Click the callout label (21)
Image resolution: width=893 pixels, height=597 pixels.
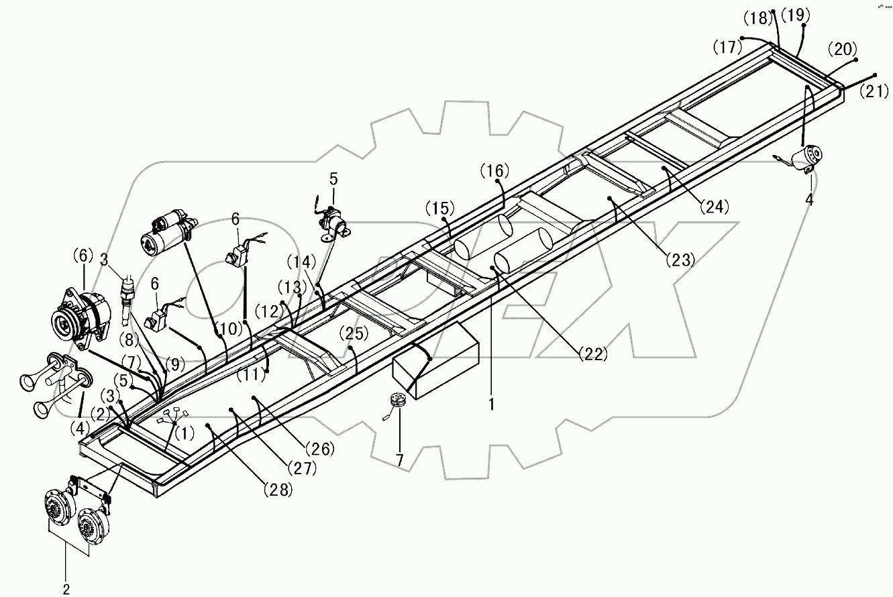coord(874,91)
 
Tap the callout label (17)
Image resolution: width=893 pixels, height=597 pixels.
coord(728,48)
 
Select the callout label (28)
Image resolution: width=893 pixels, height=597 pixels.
coord(278,490)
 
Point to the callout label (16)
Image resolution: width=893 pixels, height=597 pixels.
coord(494,170)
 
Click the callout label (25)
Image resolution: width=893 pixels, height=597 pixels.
coord(354,333)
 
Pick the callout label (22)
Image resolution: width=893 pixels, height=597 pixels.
coord(594,354)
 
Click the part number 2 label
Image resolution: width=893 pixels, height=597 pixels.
coord(66,589)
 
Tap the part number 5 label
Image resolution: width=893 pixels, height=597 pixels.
coord(333,179)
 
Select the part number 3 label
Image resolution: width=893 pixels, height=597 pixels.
coord(104,260)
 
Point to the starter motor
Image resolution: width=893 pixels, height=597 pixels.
coord(168,231)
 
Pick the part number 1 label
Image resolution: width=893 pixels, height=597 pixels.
coord(492,404)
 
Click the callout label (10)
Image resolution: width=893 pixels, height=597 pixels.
coord(230,329)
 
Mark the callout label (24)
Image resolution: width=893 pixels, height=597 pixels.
coord(715,207)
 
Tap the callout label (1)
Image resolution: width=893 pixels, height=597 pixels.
coord(185,433)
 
